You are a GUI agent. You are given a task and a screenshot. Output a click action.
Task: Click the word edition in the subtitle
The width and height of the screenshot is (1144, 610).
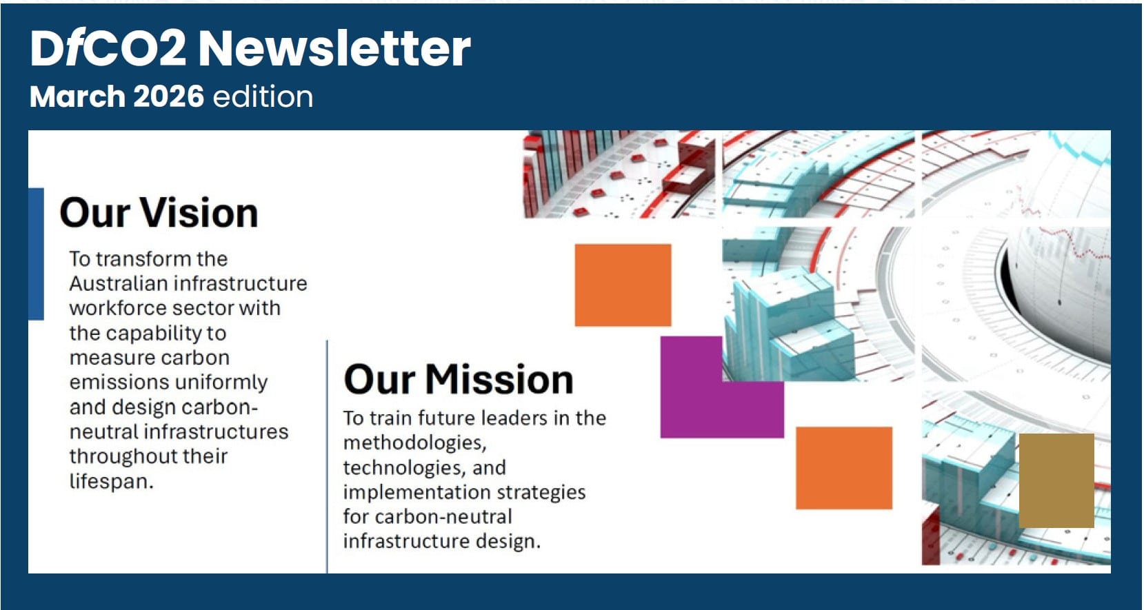263,96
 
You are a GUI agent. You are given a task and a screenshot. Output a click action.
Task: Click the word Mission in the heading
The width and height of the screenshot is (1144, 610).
499,380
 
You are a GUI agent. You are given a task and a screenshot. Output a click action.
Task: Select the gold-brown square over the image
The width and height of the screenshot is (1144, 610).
1056,480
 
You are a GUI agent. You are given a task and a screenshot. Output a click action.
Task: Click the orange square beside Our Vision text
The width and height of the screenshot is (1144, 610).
623,285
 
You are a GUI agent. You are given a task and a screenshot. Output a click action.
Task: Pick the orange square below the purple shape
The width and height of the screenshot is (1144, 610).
843,467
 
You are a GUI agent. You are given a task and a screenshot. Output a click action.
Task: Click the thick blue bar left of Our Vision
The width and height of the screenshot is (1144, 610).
36,254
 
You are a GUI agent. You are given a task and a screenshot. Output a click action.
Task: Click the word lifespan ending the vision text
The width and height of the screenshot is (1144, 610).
110,481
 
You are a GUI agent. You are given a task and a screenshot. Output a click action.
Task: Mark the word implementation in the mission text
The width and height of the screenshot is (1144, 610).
408,492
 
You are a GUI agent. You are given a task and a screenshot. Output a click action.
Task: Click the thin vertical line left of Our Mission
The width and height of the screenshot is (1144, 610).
327,455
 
